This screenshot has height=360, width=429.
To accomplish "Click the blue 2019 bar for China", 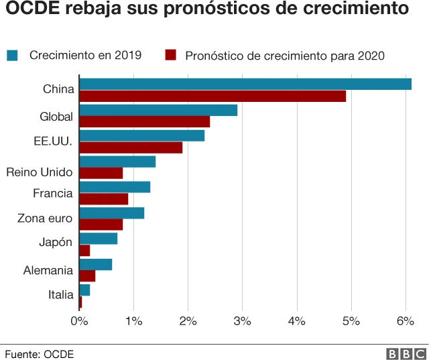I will (245, 84).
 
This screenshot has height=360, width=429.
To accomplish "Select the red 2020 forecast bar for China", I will (212, 97).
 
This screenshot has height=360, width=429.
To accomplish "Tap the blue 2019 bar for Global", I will (158, 110).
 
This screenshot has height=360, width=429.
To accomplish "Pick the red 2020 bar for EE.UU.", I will (131, 148).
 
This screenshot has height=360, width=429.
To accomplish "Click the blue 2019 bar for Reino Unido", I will (117, 162).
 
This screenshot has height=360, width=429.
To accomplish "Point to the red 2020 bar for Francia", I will (103, 199).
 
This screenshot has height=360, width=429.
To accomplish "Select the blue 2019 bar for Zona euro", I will (111, 213).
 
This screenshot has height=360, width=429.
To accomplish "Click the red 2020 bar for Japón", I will (84, 251).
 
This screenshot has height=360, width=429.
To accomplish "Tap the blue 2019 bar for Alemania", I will (95, 264).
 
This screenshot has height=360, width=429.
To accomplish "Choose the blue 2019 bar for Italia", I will (84, 290).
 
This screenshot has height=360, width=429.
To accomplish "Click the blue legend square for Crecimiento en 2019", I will (12, 55).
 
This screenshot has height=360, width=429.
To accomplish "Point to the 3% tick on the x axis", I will (242, 321).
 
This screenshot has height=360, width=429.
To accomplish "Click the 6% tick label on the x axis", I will (405, 321).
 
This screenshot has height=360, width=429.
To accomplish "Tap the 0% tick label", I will (80, 321).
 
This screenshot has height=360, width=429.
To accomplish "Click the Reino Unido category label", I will (39, 172).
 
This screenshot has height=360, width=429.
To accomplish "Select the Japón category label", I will (56, 243).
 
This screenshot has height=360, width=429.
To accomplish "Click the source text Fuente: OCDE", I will (39, 353).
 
